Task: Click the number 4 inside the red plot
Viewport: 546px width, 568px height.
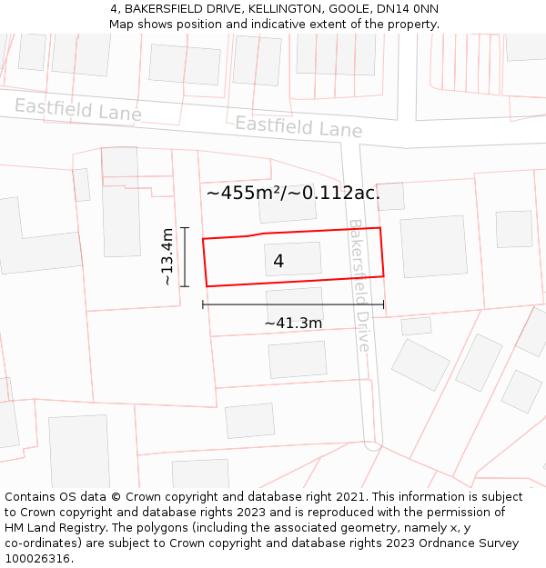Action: coord(278,261)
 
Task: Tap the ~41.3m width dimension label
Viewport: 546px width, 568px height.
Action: coord(293,324)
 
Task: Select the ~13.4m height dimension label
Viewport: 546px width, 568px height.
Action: coord(167,257)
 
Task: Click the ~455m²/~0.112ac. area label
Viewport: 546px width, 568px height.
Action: coord(293,193)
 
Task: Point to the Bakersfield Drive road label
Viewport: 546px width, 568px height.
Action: coord(360,285)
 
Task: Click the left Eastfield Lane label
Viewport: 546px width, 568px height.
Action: coord(78,110)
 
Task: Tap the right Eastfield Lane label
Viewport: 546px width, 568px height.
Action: coord(298,126)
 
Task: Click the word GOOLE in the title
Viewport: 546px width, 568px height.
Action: coord(349,8)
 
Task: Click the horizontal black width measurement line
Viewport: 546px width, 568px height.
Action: coord(293,304)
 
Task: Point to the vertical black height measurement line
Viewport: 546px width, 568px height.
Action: coord(185,257)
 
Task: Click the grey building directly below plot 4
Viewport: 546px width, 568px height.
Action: coord(295,304)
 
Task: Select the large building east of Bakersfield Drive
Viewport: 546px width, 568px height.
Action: coord(434,246)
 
